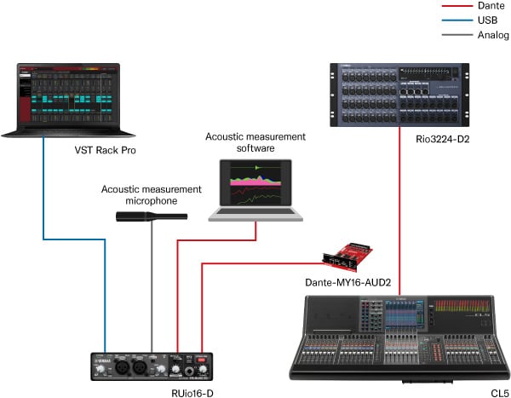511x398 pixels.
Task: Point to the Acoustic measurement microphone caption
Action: point(151,194)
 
